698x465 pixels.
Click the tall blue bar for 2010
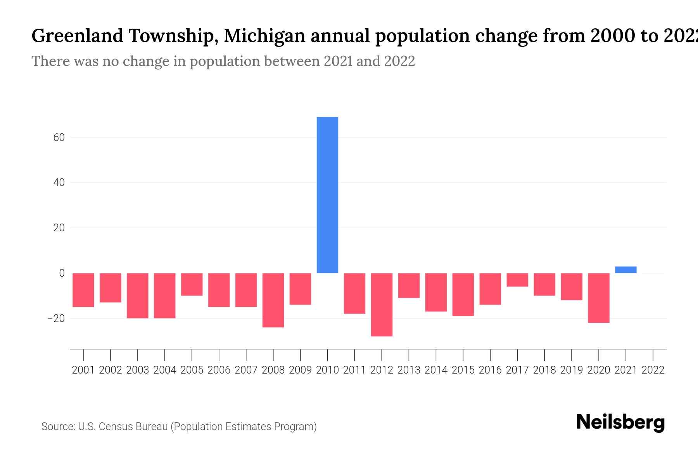[327, 195]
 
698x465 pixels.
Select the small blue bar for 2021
[625, 270]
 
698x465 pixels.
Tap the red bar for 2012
[382, 304]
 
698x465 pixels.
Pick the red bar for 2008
[273, 300]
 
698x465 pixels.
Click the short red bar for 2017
[517, 280]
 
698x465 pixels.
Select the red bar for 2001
[83, 290]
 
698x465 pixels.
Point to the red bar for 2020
[598, 298]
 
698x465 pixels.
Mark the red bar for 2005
[192, 284]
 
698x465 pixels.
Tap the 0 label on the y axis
[62, 273]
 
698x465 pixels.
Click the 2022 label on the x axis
[653, 370]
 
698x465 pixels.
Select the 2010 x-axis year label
[327, 370]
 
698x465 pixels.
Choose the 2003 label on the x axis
[138, 370]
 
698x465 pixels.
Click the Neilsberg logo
[620, 422]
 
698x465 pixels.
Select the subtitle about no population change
[223, 61]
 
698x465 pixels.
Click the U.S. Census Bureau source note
[179, 427]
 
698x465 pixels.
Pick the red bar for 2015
[463, 294]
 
